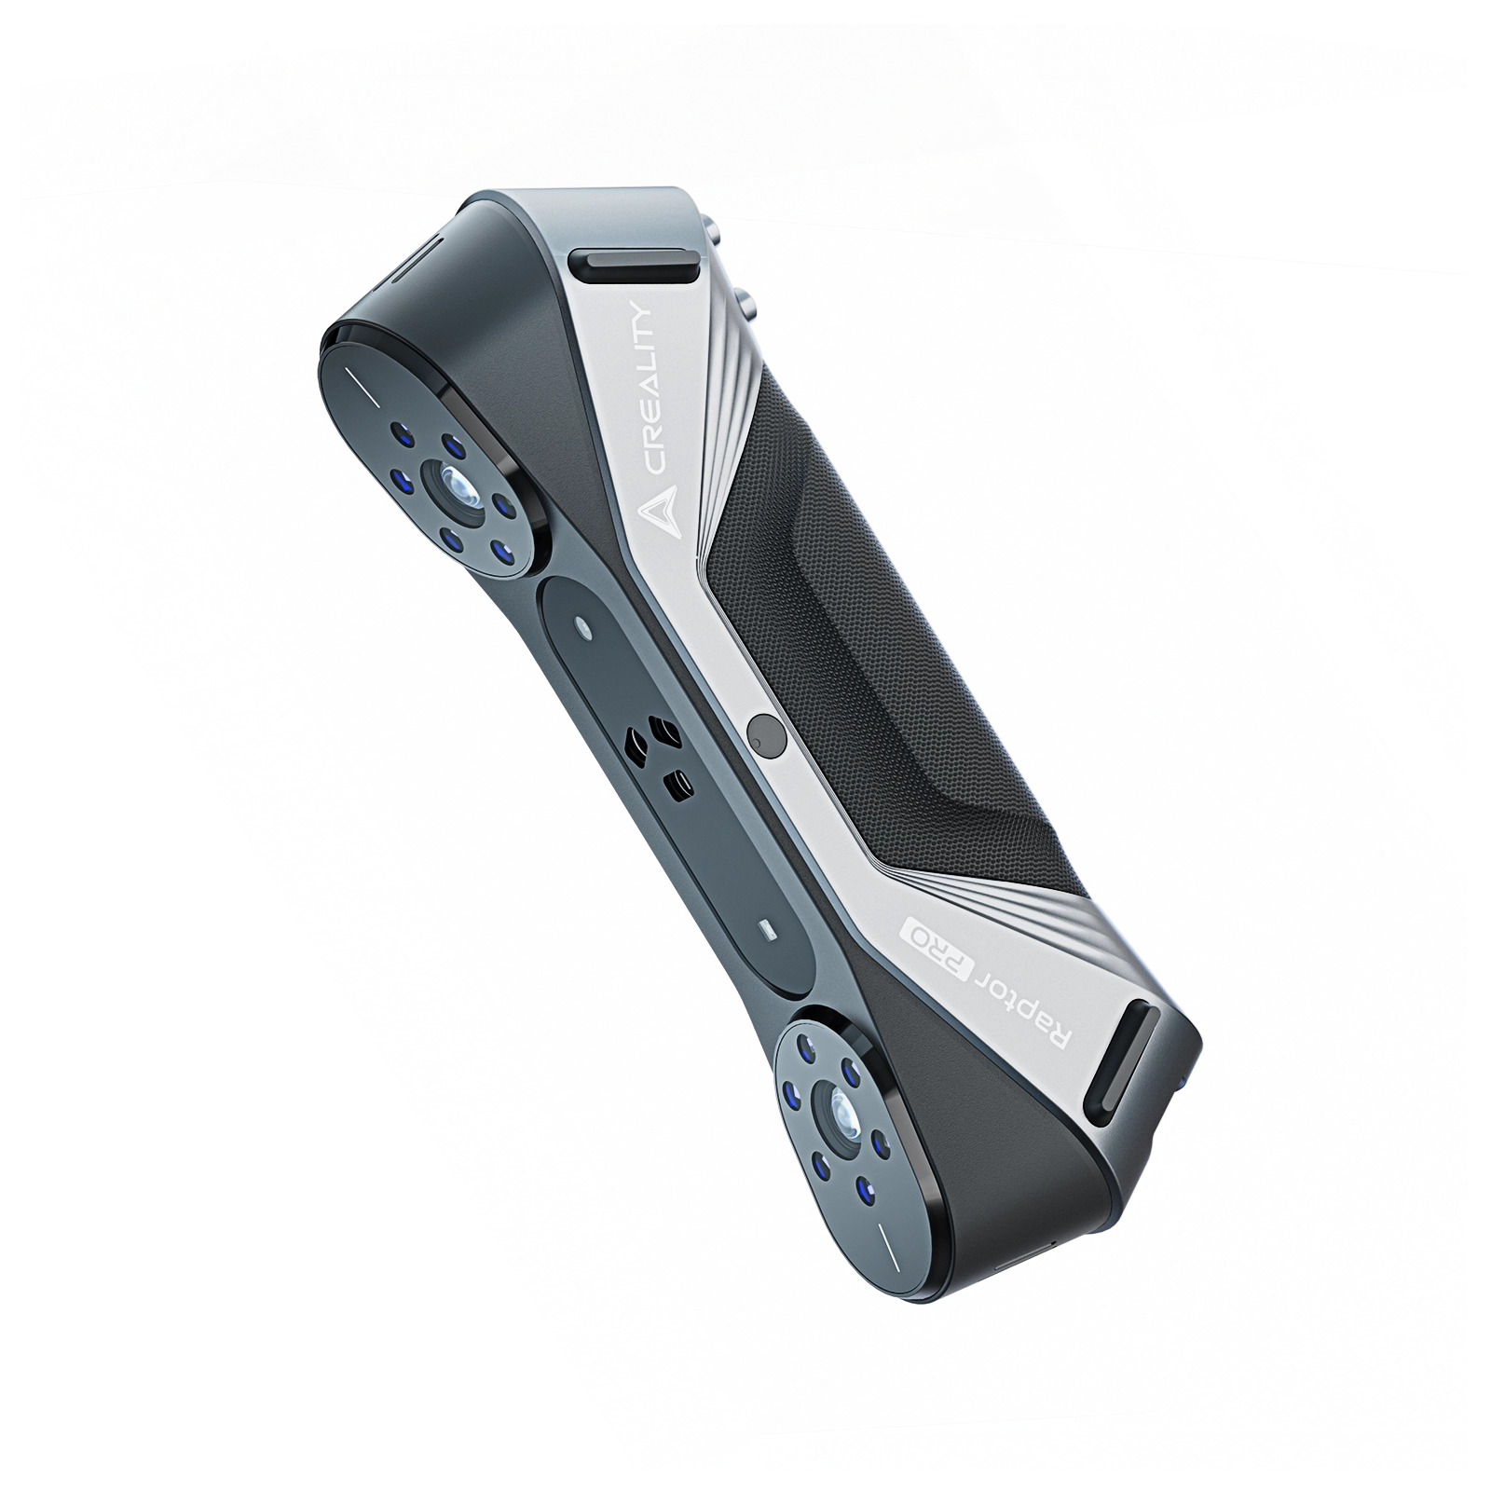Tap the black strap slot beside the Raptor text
(x=1130, y=1065)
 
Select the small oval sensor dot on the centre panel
(x=583, y=625)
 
